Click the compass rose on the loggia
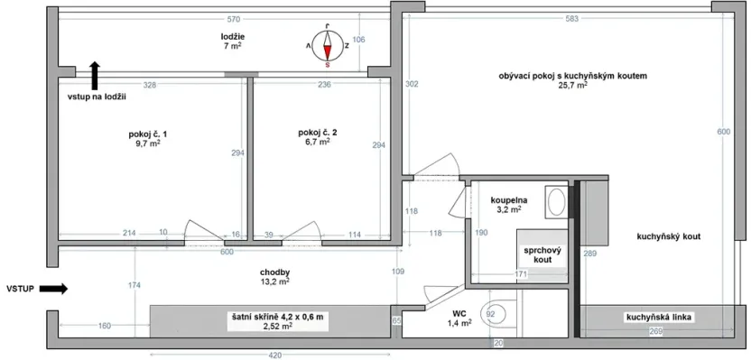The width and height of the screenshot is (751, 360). (327, 44)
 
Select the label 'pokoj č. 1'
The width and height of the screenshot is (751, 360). (148, 134)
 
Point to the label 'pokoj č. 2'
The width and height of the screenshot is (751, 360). (317, 134)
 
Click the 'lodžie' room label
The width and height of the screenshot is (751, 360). (233, 35)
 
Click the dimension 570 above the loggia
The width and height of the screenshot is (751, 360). (232, 18)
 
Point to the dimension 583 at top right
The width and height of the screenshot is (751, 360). (572, 18)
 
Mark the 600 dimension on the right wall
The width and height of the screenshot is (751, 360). (722, 132)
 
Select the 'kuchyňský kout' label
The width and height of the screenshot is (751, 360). (669, 235)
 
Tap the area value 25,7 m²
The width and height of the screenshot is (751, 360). (573, 86)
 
